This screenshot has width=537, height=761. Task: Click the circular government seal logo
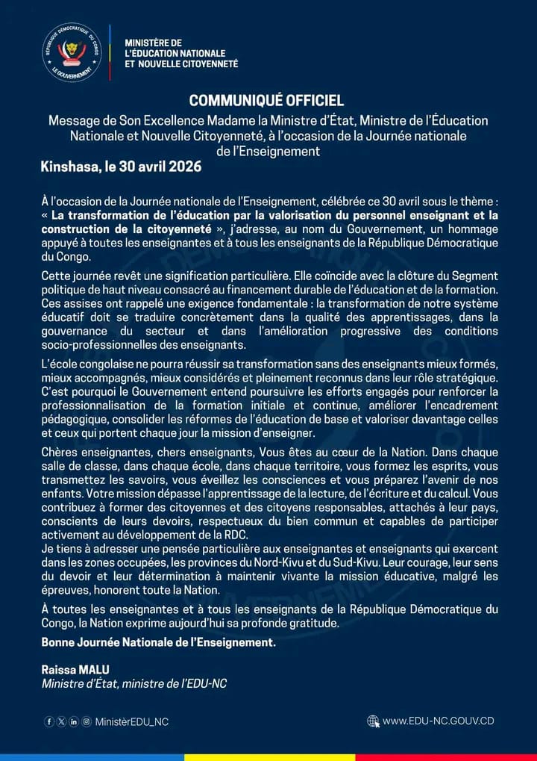pyautogui.click(x=72, y=52)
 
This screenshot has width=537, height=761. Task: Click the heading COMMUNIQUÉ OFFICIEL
pyautogui.click(x=266, y=101)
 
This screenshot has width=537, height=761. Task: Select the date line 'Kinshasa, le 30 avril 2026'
pyautogui.click(x=121, y=167)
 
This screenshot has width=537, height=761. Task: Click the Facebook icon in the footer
pyautogui.click(x=49, y=721)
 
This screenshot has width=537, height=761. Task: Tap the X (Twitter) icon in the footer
pyautogui.click(x=61, y=721)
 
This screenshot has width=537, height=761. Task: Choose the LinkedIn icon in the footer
pyautogui.click(x=74, y=721)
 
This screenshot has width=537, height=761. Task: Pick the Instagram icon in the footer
pyautogui.click(x=87, y=721)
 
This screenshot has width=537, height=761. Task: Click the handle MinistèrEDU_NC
pyautogui.click(x=132, y=721)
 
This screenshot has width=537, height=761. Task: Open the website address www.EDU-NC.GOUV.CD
pyautogui.click(x=439, y=721)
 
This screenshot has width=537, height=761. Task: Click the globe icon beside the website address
pyautogui.click(x=374, y=721)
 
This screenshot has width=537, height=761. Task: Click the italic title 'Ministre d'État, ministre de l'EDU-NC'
pyautogui.click(x=134, y=683)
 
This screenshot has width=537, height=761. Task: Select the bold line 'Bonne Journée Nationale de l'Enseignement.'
pyautogui.click(x=159, y=642)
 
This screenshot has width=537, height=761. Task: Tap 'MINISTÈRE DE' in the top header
pyautogui.click(x=153, y=43)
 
